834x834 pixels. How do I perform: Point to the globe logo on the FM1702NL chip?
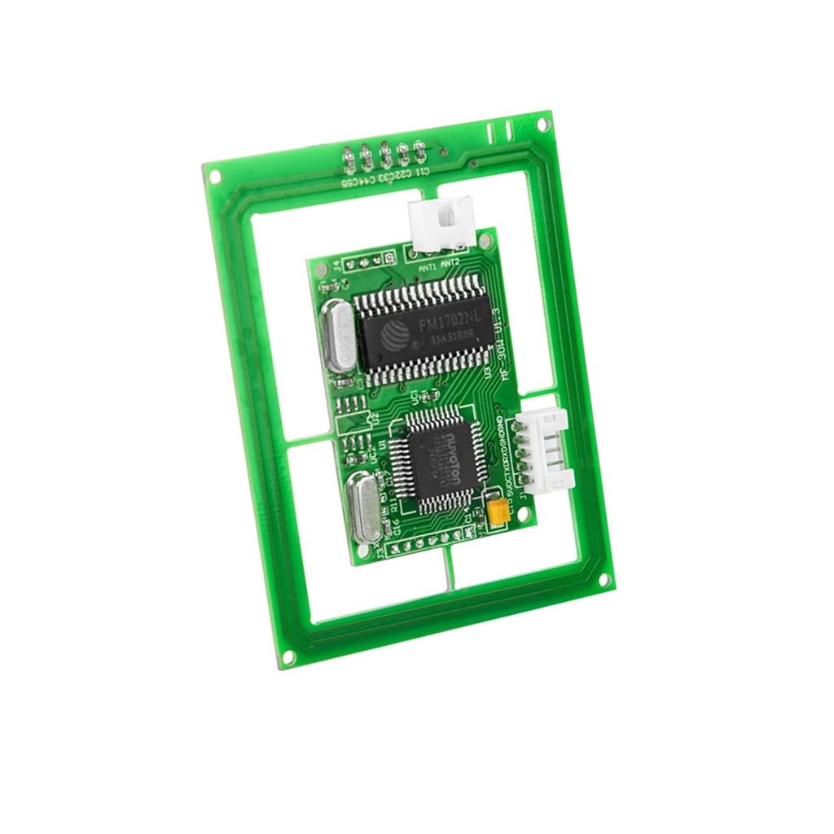point(397,332)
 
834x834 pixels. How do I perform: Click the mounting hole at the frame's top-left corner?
point(215,175)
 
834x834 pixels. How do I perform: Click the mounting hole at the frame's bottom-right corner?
point(604,579)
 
